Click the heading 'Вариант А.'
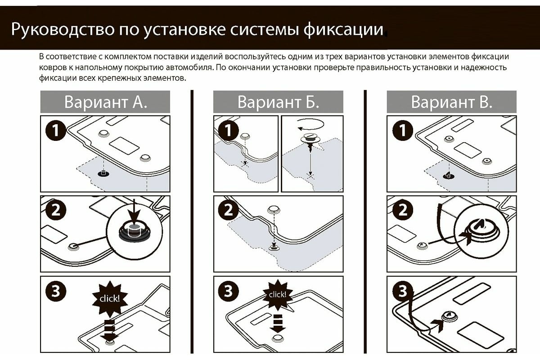[x=105, y=102]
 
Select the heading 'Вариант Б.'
[x=278, y=102]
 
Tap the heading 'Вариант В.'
[x=451, y=102]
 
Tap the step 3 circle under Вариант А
[x=56, y=292]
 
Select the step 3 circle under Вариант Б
[x=229, y=292]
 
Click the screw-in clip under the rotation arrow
[x=310, y=139]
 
